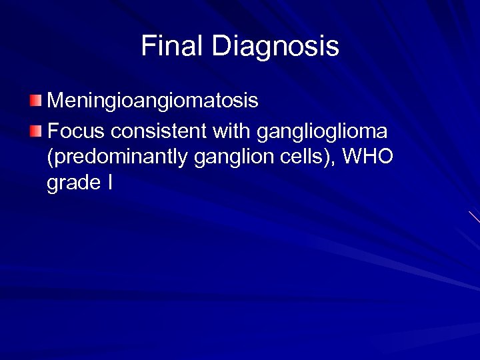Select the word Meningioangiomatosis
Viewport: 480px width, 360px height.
pyautogui.click(x=153, y=101)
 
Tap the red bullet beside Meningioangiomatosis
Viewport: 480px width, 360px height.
pyautogui.click(x=35, y=101)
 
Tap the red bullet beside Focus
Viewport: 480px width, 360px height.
pyautogui.click(x=35, y=129)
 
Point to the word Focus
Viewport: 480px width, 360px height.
pyautogui.click(x=73, y=129)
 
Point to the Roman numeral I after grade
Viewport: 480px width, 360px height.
pyautogui.click(x=109, y=183)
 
